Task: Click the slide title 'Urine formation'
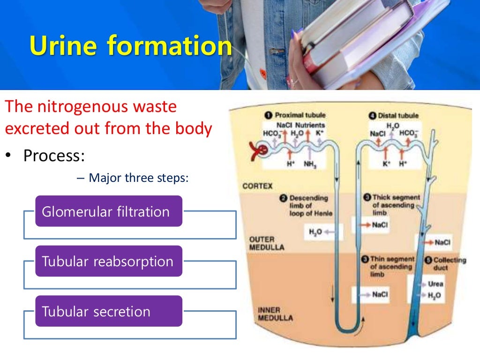click(130, 47)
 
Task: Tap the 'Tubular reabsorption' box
click(108, 261)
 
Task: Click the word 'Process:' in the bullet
click(54, 155)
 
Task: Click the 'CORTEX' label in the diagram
click(257, 186)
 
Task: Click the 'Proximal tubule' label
click(300, 115)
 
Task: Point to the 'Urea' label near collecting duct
click(435, 284)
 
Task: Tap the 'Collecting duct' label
click(450, 263)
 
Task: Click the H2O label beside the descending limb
click(315, 232)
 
